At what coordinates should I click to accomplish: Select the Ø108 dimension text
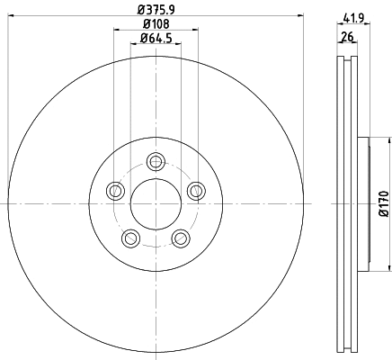click(156, 24)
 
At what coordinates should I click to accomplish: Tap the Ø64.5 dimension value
click(156, 38)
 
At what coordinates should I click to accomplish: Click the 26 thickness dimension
click(346, 37)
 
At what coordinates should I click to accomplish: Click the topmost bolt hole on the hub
click(156, 162)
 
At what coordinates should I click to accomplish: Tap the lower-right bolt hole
click(181, 238)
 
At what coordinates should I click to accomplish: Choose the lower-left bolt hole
click(131, 238)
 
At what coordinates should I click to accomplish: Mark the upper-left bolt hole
click(115, 191)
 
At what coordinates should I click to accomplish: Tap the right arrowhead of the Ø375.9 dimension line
click(301, 17)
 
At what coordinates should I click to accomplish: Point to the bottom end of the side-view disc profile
click(346, 350)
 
